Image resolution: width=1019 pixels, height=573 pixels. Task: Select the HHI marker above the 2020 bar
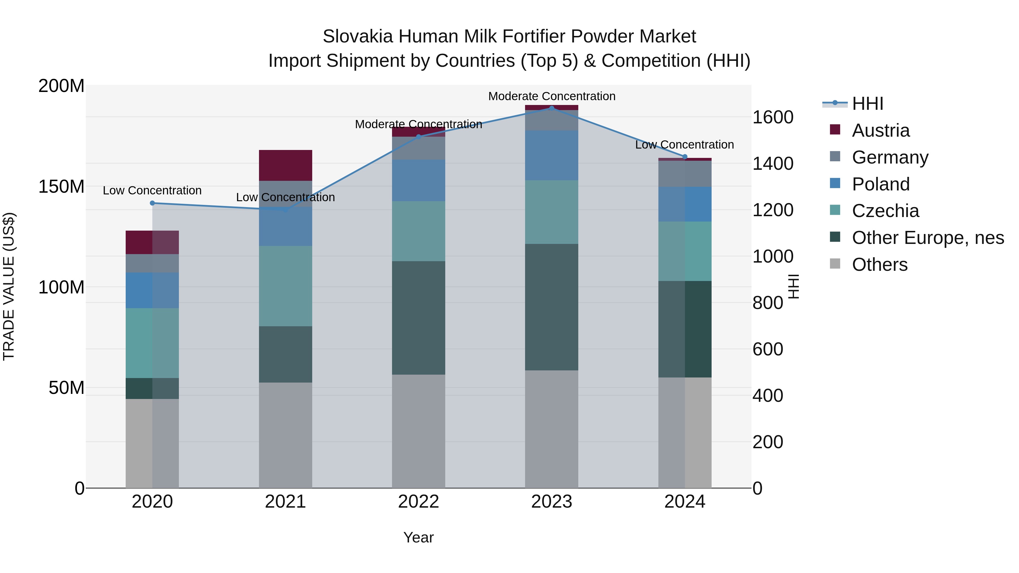(152, 203)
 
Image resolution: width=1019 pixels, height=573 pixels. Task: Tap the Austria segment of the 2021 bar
(285, 165)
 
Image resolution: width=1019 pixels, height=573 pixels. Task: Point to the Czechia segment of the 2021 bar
(285, 286)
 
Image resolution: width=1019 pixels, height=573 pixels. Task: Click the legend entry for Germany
(890, 157)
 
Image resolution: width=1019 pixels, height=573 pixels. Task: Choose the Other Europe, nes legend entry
(928, 238)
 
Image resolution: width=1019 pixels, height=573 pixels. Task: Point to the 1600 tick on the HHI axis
(772, 117)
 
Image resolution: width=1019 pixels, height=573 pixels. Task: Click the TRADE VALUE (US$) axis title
(9, 286)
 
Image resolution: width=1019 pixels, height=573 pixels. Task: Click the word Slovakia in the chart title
(357, 37)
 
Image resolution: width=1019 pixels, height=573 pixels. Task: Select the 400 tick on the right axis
(767, 396)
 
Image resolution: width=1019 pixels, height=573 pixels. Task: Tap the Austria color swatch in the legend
(835, 129)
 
